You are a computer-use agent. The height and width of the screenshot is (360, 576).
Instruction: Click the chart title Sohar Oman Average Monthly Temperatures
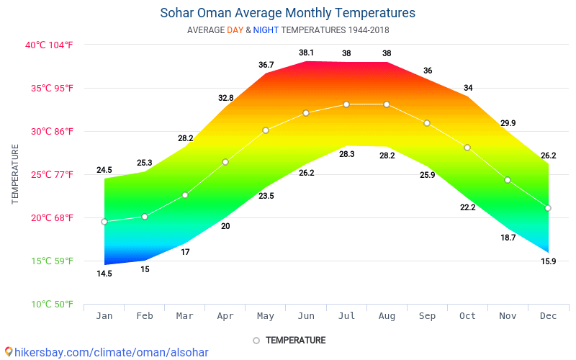click(x=287, y=13)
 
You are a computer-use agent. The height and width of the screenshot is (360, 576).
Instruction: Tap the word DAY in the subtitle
click(x=235, y=30)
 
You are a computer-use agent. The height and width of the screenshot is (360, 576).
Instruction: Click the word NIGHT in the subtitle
click(x=266, y=30)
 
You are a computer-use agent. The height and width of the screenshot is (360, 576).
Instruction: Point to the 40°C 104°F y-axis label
click(x=49, y=45)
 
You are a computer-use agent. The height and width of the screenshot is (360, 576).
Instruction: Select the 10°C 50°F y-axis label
click(x=50, y=305)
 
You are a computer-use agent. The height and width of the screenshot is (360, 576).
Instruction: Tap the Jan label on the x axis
click(x=104, y=315)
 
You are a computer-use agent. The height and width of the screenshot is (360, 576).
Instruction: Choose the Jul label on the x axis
click(x=346, y=315)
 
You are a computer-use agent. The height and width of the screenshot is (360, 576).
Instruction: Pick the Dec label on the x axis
click(x=548, y=315)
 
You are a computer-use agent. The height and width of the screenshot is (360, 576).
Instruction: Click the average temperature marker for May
click(x=266, y=130)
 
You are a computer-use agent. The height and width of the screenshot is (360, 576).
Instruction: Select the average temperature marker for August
click(x=387, y=104)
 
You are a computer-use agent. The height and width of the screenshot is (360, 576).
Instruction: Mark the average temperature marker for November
click(x=508, y=180)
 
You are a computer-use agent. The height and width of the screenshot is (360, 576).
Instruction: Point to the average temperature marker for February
click(x=145, y=217)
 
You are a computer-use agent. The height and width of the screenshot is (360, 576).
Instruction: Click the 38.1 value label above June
click(x=306, y=53)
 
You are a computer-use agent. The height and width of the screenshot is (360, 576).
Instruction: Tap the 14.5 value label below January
click(x=104, y=274)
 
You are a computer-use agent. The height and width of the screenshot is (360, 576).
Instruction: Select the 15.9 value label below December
click(x=548, y=261)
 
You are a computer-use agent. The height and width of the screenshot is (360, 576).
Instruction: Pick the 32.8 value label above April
click(x=225, y=98)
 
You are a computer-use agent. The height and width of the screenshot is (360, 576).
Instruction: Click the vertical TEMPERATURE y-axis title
click(x=15, y=174)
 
